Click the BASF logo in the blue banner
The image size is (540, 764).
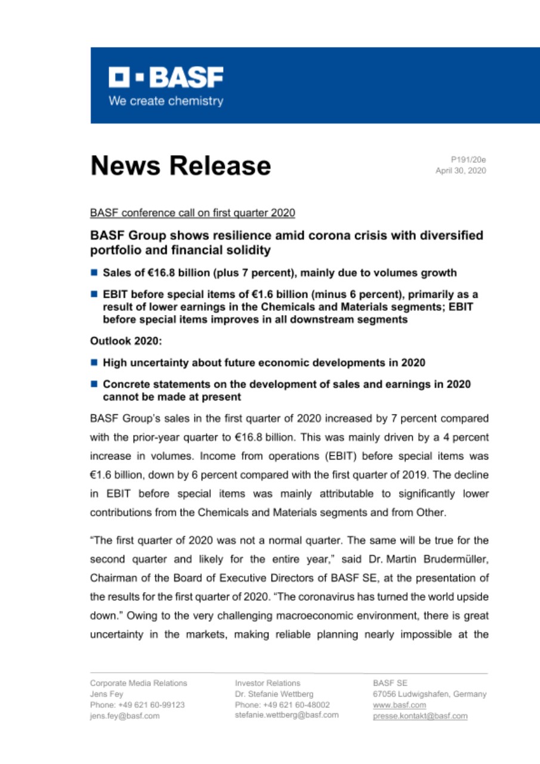coord(165,78)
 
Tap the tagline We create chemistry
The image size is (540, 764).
coord(165,101)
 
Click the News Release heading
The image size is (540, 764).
coord(180,165)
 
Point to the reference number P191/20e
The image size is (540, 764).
coord(468,159)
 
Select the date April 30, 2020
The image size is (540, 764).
coord(461,171)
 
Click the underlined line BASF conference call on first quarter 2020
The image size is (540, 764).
coord(192,212)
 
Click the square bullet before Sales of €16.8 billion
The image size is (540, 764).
coord(94,273)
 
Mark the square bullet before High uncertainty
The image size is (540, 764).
coord(94,362)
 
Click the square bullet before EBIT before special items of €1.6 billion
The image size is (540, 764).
coord(94,295)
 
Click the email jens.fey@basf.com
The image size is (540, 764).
coord(125,716)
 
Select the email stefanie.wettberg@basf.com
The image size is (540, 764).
coord(286,714)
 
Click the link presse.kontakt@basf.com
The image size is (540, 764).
coord(419,716)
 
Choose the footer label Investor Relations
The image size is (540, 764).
coord(267,683)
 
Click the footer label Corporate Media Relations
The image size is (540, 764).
coord(138,683)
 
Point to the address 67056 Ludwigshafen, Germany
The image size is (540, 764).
coord(429,694)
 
